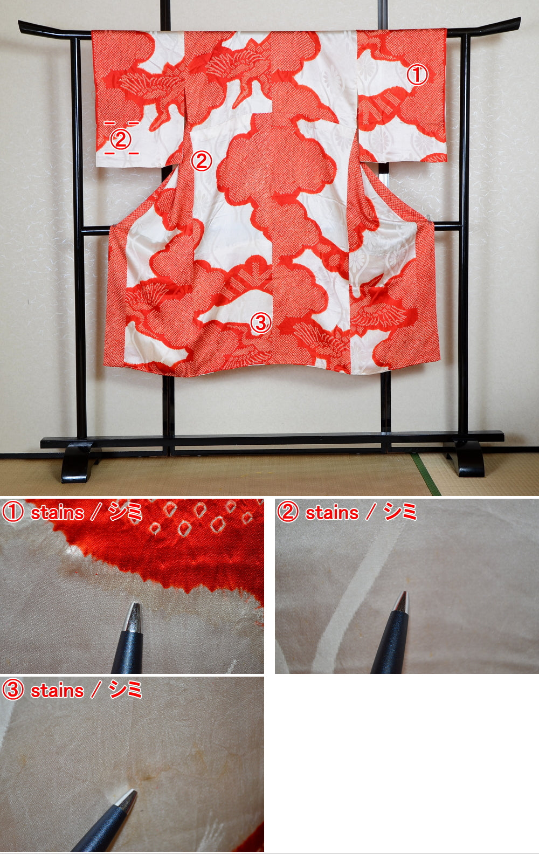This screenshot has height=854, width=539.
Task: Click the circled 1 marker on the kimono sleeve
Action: click(417, 75)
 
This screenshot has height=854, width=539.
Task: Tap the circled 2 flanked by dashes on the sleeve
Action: click(121, 140)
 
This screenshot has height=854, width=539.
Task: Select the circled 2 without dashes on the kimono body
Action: click(202, 161)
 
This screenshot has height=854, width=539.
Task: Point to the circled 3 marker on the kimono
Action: click(260, 322)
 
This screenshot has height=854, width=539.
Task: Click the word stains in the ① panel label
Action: click(57, 512)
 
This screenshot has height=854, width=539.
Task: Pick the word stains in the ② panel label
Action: click(332, 512)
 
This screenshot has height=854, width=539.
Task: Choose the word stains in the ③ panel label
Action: click(57, 690)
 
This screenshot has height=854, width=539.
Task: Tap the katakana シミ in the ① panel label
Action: click(126, 512)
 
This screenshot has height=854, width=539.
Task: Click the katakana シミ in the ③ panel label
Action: click(126, 690)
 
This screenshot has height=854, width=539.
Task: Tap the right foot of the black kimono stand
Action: click(470, 461)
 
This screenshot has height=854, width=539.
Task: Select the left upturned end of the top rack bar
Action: click(23, 25)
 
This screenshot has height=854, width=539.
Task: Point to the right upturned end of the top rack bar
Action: click(516, 23)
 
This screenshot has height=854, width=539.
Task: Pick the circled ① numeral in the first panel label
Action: click(12, 512)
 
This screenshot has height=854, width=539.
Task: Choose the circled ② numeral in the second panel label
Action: click(287, 512)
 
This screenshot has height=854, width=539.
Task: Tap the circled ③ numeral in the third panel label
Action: click(12, 690)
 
